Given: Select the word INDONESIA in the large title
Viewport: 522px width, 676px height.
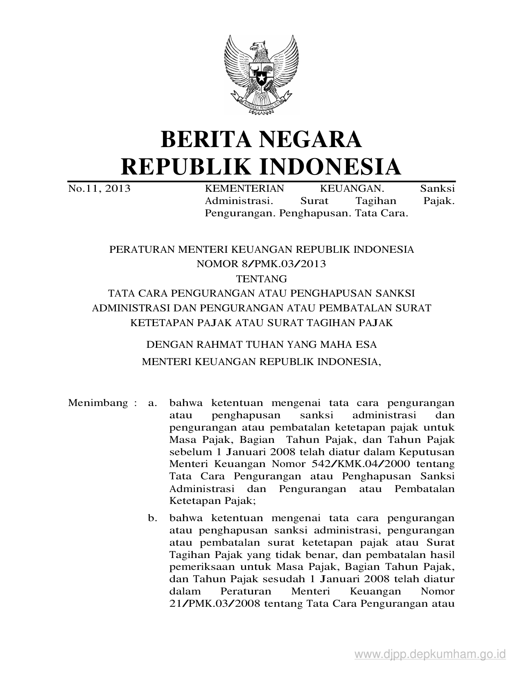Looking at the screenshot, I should (x=331, y=166).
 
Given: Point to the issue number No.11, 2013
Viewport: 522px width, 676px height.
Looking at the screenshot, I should (x=99, y=188).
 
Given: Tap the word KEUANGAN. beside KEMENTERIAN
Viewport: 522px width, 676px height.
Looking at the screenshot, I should (x=352, y=188).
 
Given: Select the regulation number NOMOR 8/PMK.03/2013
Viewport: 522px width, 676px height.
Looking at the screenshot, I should (x=261, y=264).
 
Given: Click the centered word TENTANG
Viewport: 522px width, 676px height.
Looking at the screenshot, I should (x=262, y=279).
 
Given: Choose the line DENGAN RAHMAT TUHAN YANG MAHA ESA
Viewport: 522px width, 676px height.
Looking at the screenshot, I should (x=261, y=345).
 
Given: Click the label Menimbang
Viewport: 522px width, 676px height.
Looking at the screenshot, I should (x=98, y=403).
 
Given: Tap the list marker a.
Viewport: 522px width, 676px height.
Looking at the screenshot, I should (x=153, y=403).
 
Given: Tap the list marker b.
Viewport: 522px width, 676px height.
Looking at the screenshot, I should (x=153, y=518).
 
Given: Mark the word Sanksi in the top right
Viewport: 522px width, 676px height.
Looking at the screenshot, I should (x=437, y=188).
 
